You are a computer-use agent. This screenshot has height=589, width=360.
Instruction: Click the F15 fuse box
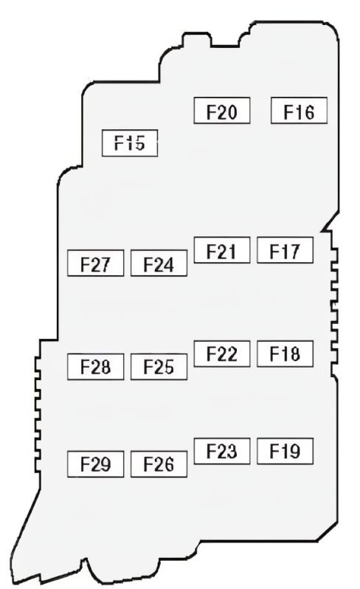click(x=130, y=143)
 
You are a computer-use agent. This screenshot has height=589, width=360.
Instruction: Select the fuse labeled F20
click(x=222, y=111)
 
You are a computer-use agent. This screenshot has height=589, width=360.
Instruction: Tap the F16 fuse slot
click(x=299, y=111)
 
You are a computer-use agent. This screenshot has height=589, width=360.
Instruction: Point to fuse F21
click(x=222, y=249)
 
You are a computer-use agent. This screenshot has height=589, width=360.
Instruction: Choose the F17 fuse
click(x=285, y=249)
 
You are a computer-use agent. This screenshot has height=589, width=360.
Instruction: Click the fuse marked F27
click(x=95, y=263)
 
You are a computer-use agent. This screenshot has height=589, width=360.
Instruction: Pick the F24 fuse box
click(x=159, y=263)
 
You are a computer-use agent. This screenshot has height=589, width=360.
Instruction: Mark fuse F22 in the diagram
click(x=222, y=354)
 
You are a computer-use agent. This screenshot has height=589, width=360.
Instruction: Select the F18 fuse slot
click(x=285, y=354)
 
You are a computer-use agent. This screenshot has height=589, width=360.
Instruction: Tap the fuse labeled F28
click(x=95, y=367)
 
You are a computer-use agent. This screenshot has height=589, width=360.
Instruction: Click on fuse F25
click(x=159, y=367)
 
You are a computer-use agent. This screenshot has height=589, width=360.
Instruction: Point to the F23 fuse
click(x=222, y=451)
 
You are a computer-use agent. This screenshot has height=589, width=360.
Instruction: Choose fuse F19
click(x=285, y=451)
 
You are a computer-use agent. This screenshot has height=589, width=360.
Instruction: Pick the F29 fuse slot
click(x=95, y=464)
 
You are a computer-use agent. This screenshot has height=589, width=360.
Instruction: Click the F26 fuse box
click(x=159, y=464)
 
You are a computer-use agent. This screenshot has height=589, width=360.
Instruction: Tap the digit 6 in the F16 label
click(x=309, y=112)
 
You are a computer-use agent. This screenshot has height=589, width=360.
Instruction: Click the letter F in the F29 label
click(x=85, y=464)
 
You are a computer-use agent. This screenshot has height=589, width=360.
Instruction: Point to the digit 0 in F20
click(x=232, y=112)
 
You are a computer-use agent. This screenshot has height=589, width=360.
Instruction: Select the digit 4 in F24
click(x=168, y=265)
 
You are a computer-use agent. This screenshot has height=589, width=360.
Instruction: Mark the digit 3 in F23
click(x=232, y=452)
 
